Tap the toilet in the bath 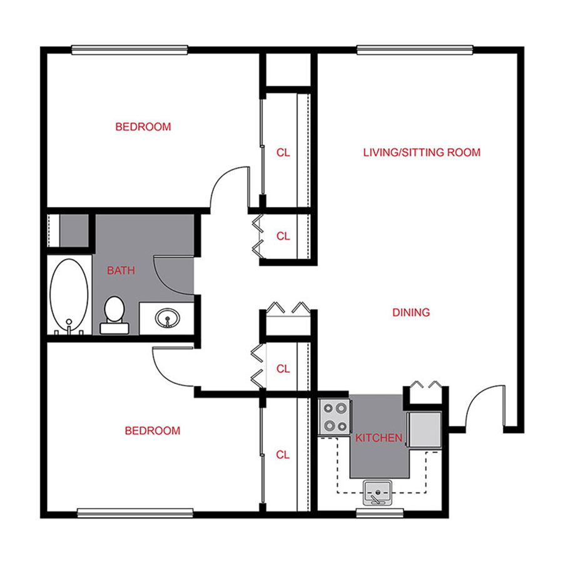click(114, 313)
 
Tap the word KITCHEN click(378, 438)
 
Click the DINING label click(411, 312)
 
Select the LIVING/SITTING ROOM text click(422, 152)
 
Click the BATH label click(121, 271)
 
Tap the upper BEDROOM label click(143, 127)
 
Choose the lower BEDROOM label click(152, 431)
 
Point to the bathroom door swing click(172, 275)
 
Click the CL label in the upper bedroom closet click(283, 152)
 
